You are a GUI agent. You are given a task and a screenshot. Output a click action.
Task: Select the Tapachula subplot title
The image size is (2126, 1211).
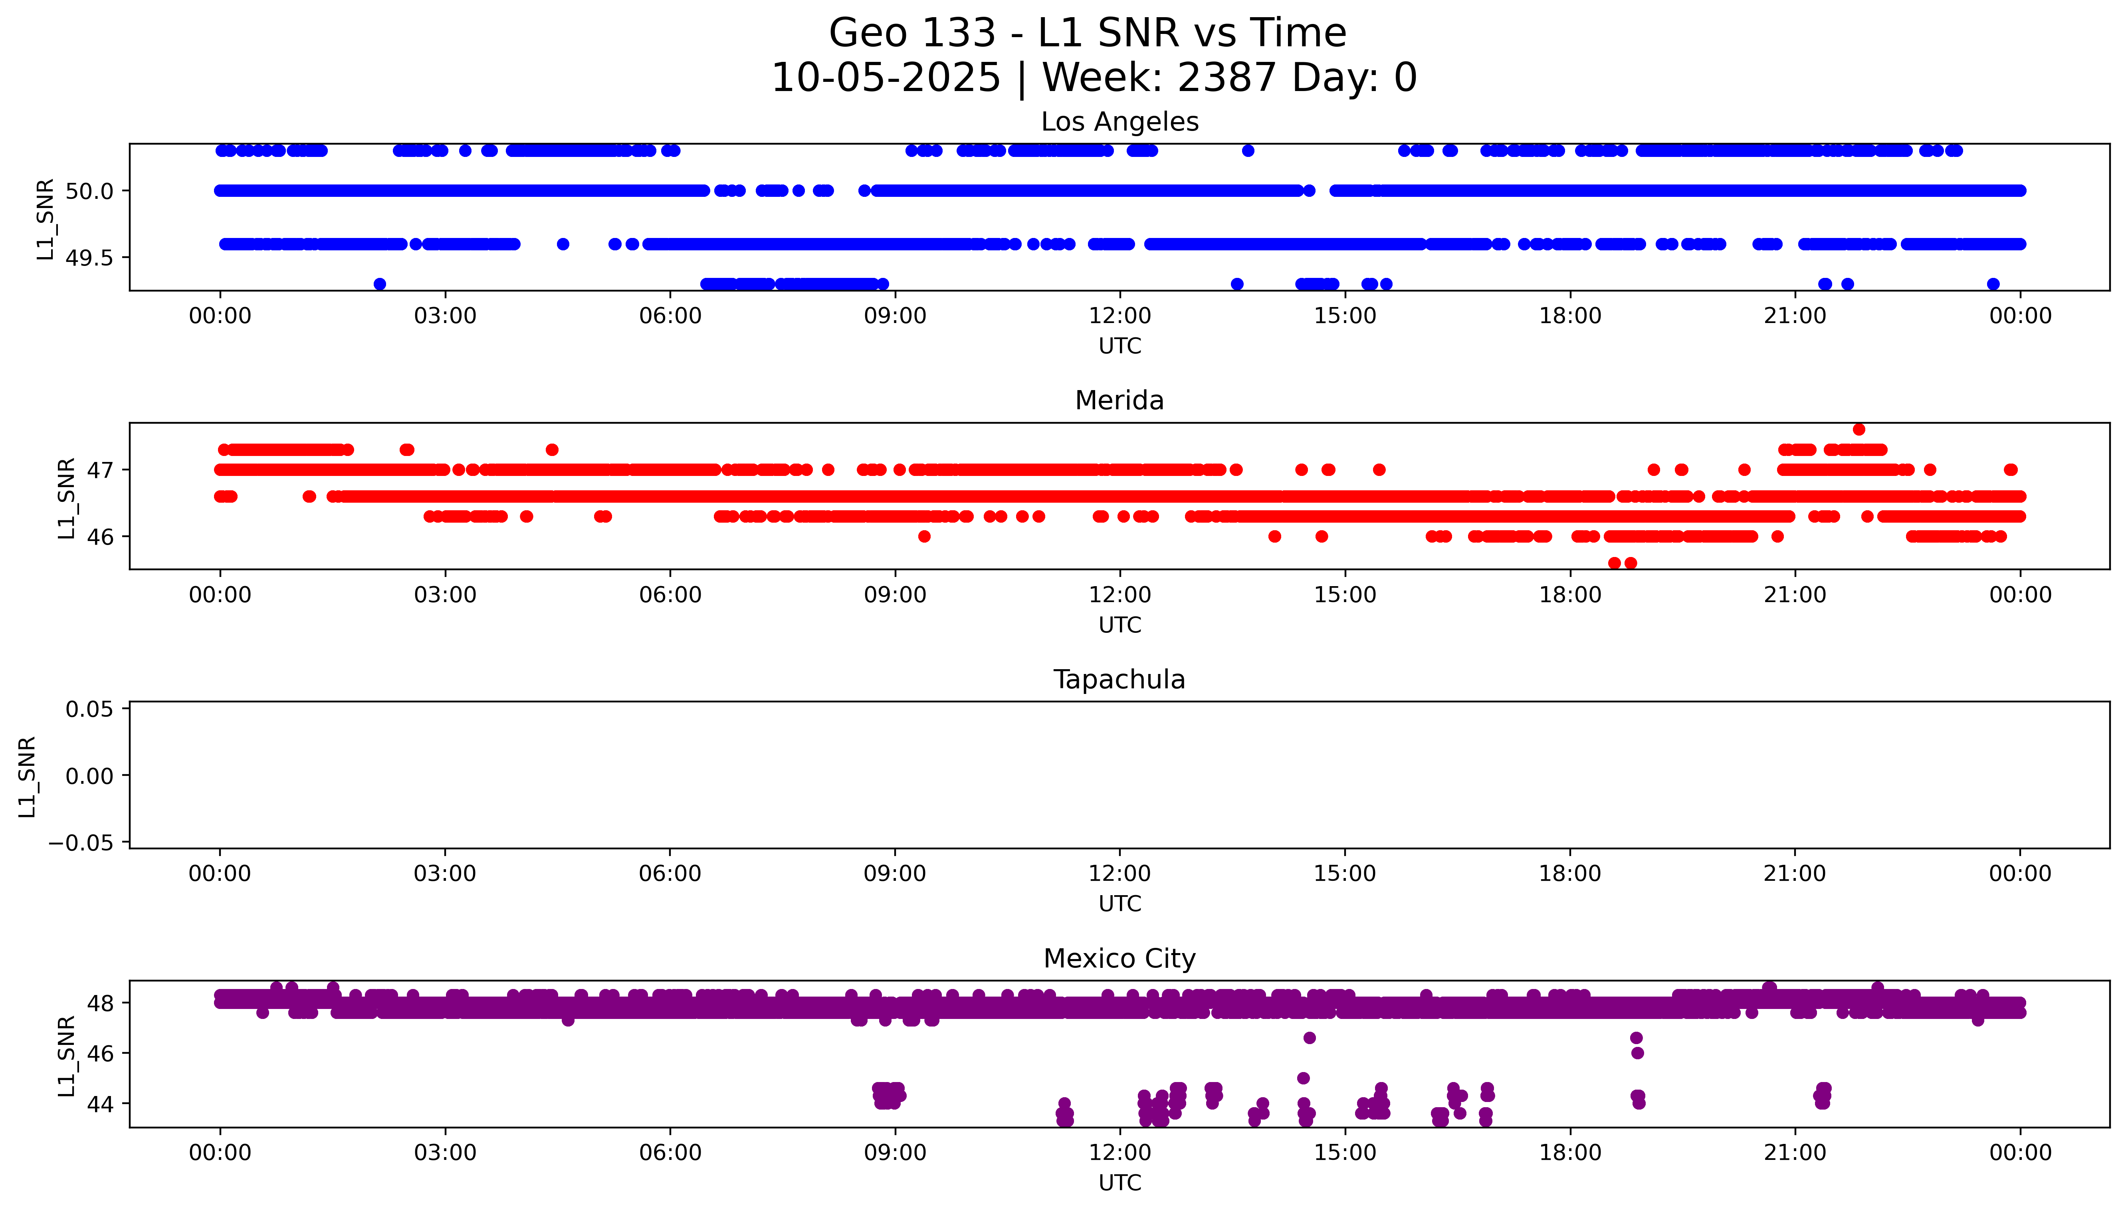pos(1119,680)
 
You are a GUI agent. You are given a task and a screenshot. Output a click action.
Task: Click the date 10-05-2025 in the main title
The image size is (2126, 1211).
pos(886,78)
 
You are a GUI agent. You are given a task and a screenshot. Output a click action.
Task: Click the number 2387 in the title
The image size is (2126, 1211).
pos(1226,78)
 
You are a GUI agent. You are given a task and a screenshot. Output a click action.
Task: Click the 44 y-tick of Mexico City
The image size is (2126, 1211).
pos(101,1104)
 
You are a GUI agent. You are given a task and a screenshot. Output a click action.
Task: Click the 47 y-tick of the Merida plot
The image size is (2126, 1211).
pos(101,470)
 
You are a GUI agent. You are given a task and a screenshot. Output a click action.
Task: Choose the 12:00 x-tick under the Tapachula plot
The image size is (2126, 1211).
pos(1119,873)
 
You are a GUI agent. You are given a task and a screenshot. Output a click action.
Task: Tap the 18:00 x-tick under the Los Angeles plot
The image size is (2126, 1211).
pos(1570,316)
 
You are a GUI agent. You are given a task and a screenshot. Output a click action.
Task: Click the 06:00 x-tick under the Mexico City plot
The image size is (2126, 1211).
pos(670,1153)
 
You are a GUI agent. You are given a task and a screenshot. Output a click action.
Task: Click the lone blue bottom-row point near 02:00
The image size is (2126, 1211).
pos(380,283)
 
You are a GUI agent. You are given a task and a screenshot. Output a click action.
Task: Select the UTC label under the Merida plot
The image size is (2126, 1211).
pos(1119,624)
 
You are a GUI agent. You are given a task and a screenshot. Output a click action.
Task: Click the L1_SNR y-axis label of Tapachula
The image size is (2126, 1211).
pos(28,776)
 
